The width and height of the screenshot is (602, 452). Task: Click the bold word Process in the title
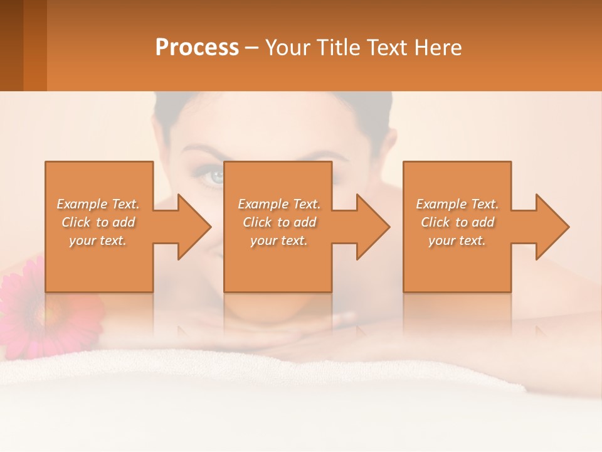pos(197,48)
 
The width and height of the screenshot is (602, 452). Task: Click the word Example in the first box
pos(82,204)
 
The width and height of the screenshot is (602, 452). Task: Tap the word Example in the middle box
pos(263,204)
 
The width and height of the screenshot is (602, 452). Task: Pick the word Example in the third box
pos(441,204)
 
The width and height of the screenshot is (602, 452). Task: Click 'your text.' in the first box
pos(98,240)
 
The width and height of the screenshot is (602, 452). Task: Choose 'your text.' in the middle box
pos(279,240)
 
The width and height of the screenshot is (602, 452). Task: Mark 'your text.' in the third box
pos(457,240)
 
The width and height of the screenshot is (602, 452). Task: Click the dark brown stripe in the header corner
pos(11,45)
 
